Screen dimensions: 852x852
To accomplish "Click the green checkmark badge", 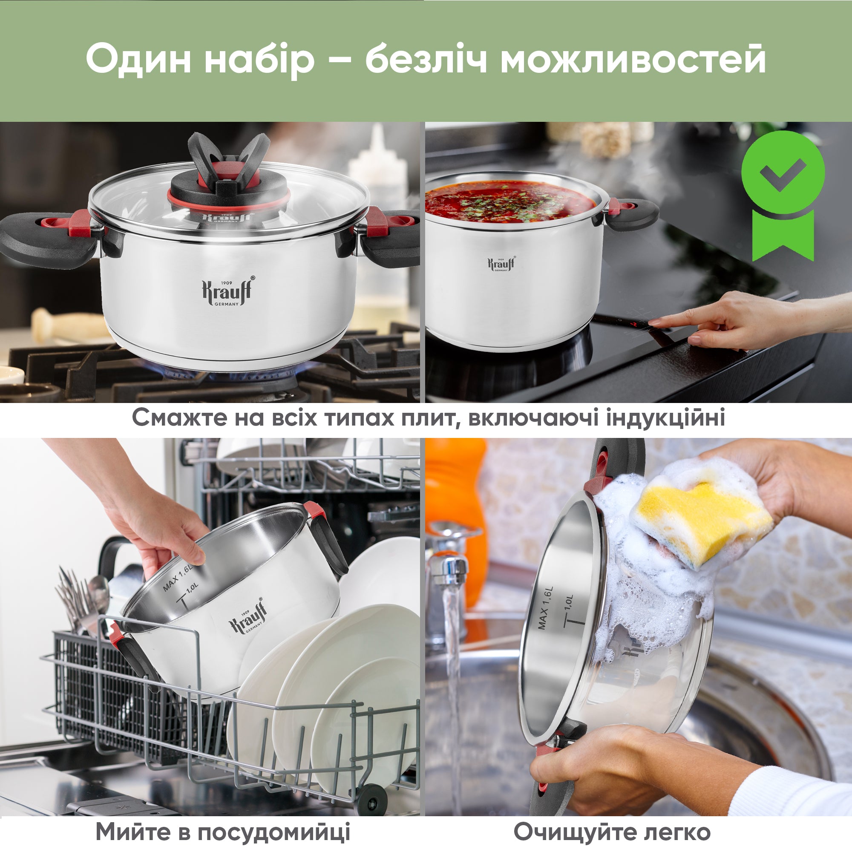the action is tap(783, 196).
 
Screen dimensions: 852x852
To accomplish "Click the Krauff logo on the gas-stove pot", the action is tap(228, 291).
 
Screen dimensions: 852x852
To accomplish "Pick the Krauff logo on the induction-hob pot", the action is tap(501, 264).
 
